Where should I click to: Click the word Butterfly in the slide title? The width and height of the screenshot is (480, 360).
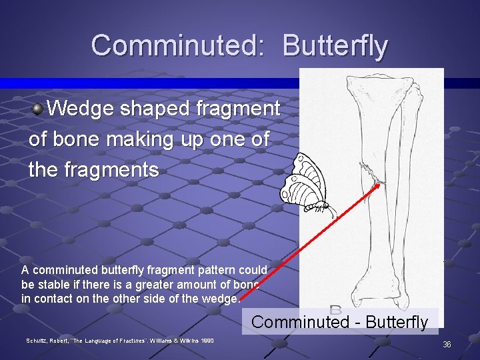tap(335, 45)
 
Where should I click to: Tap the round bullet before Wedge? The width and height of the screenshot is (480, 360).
tap(39, 108)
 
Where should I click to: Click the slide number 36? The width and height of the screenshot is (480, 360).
tap(447, 344)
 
